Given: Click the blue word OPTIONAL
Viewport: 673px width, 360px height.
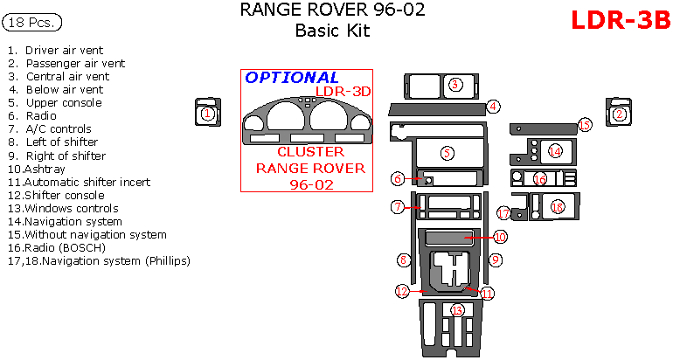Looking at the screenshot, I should coord(292,78).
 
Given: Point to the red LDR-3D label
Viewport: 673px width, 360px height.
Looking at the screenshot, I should coord(343,91).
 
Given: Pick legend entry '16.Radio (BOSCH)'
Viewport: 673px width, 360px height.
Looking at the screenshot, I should coord(57,247).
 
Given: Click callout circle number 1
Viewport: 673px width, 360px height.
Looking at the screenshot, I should coord(207,114).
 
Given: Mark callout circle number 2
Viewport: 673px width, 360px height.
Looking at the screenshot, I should coord(620,114).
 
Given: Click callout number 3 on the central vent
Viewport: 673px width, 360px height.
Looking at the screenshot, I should coord(455,85).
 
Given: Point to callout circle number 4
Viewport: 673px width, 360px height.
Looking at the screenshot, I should coord(494,107).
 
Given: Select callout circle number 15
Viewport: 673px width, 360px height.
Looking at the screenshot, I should coord(585,125).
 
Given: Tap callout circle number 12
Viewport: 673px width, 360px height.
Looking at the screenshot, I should coord(402,290).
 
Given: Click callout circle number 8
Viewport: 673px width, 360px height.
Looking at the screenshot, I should coord(403,260).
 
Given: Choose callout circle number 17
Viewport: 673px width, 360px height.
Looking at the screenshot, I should coord(503,213).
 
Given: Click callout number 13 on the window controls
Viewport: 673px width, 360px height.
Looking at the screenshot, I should coord(456,311).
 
